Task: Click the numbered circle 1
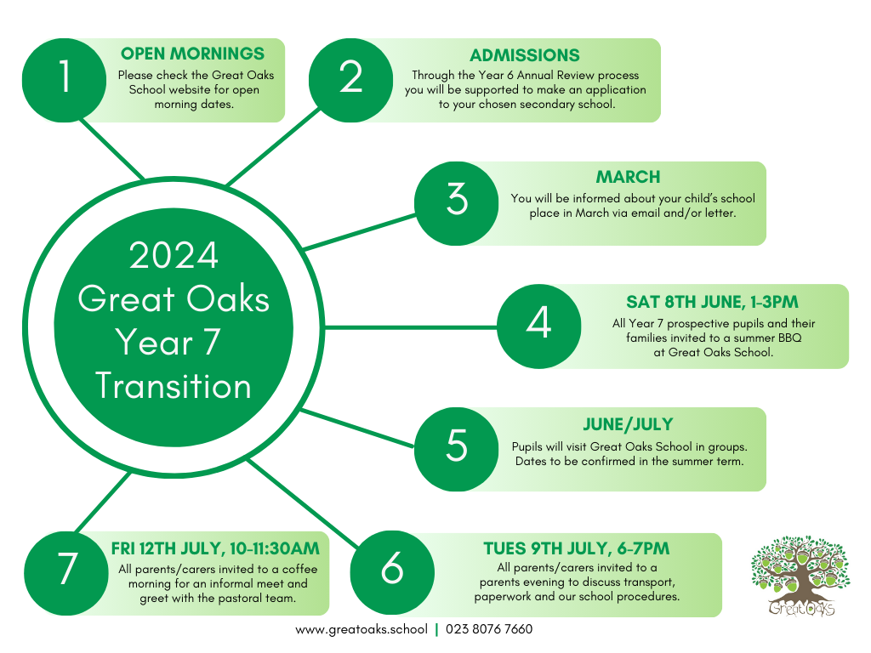coord(64,80)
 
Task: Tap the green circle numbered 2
coord(350,80)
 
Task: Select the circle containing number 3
coord(457,203)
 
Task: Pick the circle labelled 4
coord(538,326)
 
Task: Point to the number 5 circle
coord(457,449)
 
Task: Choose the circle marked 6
coord(392,572)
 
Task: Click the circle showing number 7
coord(66,573)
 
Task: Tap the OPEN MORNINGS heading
coord(193,54)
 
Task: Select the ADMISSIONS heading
coord(525,55)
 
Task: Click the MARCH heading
coord(629,177)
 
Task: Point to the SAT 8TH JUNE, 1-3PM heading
coord(712,302)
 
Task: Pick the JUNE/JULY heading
coord(629,425)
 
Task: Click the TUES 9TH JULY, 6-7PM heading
coord(577,548)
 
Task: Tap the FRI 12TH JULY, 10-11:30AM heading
coord(215,548)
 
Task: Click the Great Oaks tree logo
coord(800,576)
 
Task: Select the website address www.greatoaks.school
coord(361,629)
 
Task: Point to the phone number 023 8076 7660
coord(489,629)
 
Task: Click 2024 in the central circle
coord(174,256)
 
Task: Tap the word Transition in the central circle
coord(174,386)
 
